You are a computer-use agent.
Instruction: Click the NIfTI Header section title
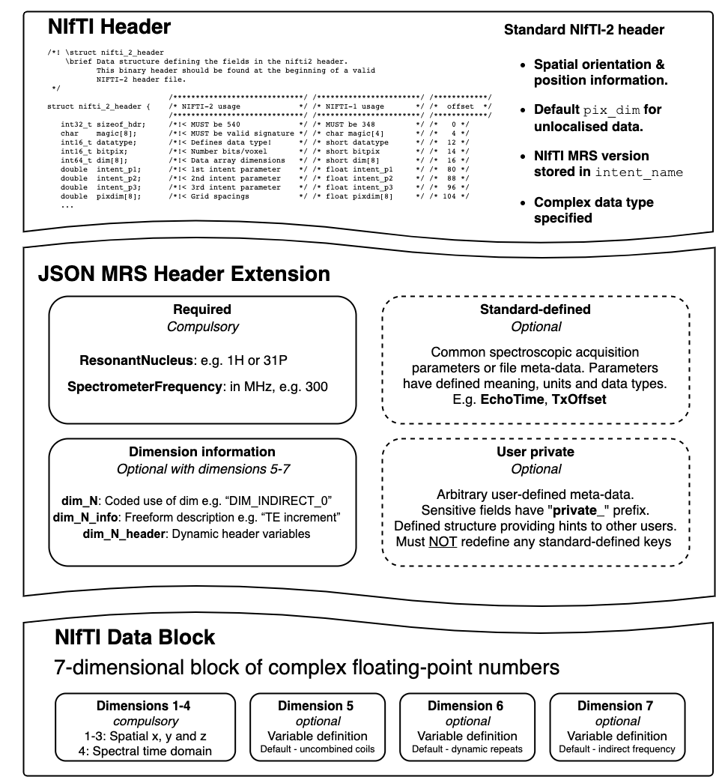[109, 28]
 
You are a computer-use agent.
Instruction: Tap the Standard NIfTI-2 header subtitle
[583, 31]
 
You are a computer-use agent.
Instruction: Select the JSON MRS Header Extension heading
[184, 274]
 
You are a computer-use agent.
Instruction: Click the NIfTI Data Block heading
[135, 638]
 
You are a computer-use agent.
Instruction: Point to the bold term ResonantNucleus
[134, 361]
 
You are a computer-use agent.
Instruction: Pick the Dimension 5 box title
[315, 706]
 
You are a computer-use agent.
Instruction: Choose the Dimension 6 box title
[465, 706]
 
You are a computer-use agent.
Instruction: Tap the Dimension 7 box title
[615, 706]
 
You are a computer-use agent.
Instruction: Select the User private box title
[536, 453]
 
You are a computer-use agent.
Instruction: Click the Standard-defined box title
[536, 309]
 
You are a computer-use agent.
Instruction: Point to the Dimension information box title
[201, 452]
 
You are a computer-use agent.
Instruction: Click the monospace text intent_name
[639, 173]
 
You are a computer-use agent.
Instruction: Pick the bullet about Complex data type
[593, 210]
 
